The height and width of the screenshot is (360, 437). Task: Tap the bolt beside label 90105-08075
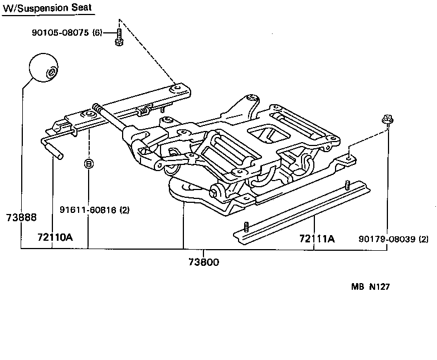coord(119,37)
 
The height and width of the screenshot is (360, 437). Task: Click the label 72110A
coord(55,237)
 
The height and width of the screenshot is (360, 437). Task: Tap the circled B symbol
coord(88,164)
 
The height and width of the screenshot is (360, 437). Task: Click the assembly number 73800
coord(203,261)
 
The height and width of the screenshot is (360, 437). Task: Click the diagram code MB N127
coord(370,288)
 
